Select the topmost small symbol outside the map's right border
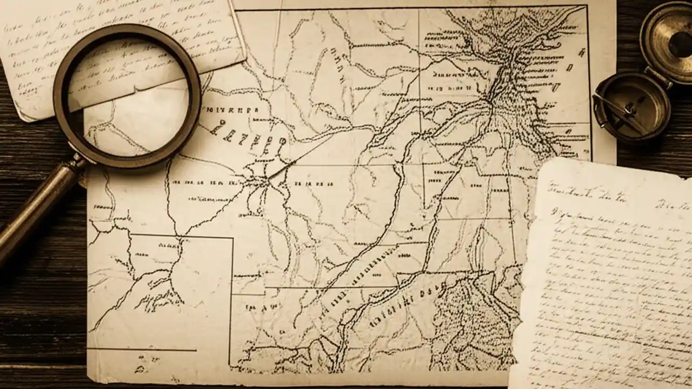coord(581,52)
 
